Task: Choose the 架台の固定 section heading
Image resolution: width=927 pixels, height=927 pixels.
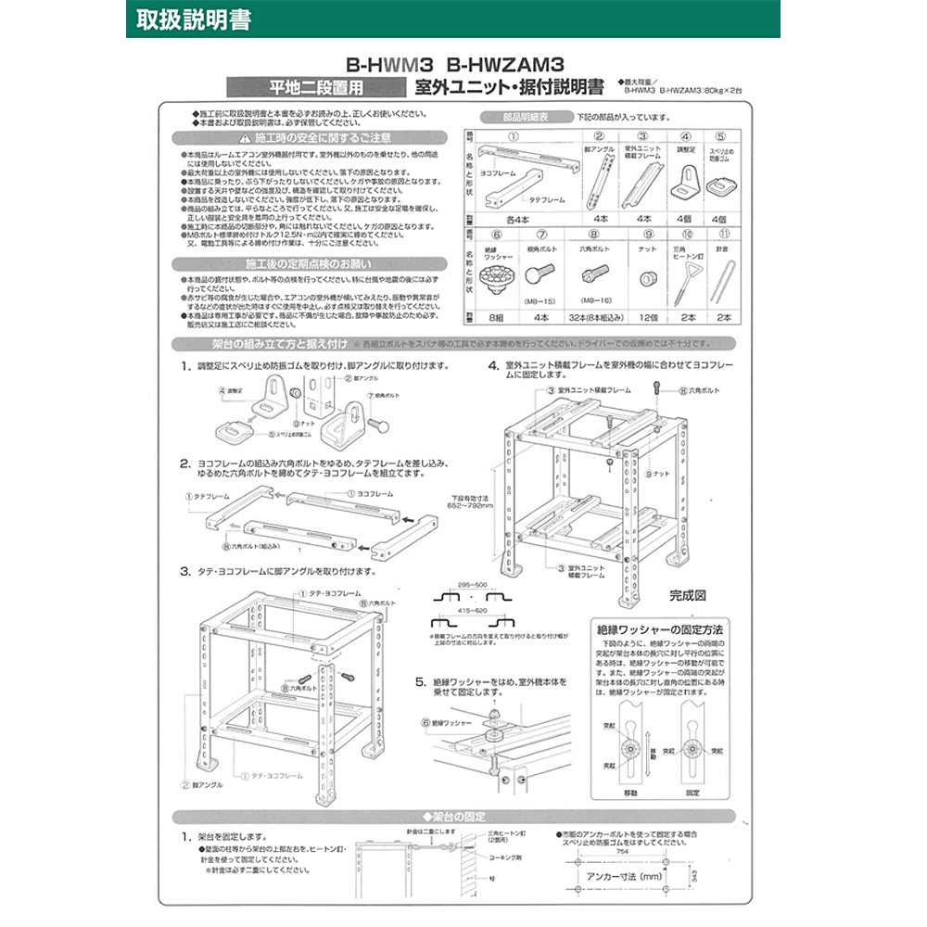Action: pyautogui.click(x=461, y=817)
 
